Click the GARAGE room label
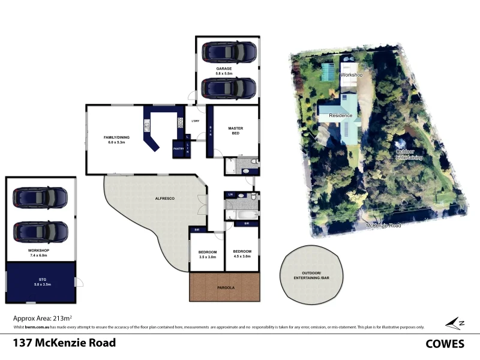click(x=224, y=69)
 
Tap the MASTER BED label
click(x=235, y=130)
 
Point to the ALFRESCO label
click(x=164, y=198)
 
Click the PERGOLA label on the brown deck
click(x=226, y=287)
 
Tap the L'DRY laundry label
click(x=195, y=122)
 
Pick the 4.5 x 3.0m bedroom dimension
click(x=242, y=257)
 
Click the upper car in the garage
click(x=228, y=53)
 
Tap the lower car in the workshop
click(x=41, y=231)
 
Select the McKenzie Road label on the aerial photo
click(x=384, y=226)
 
